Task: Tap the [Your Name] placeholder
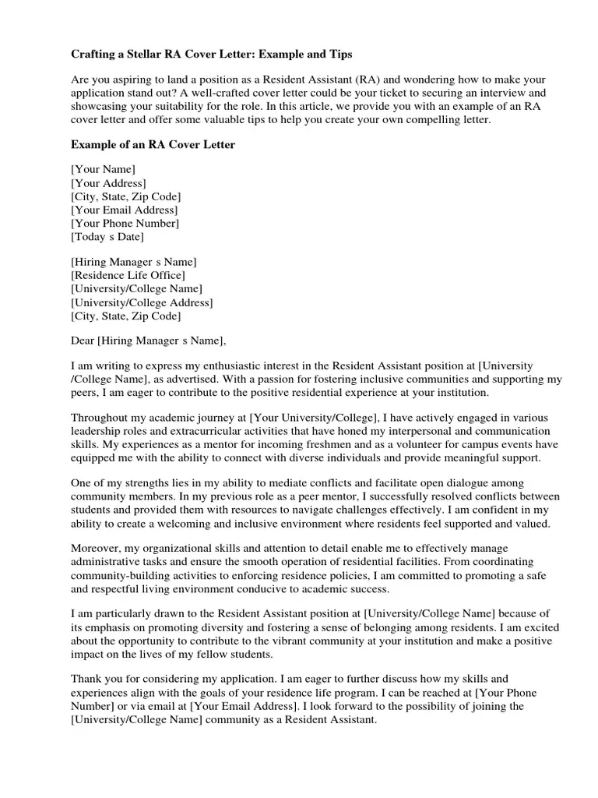click(x=103, y=169)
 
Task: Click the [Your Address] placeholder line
click(x=108, y=183)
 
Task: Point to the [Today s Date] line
click(x=107, y=237)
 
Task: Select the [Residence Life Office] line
click(x=128, y=275)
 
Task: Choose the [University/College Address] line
click(x=142, y=302)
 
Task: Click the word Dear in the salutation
click(x=83, y=340)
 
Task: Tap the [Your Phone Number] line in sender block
click(x=125, y=224)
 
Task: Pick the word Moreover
click(x=94, y=549)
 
